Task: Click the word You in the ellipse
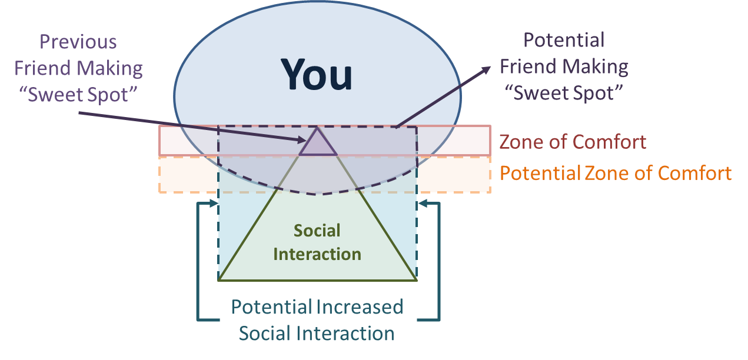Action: [x=317, y=75]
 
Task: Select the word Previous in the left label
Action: [x=78, y=42]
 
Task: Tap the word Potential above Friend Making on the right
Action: [x=564, y=41]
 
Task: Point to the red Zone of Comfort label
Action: [x=573, y=142]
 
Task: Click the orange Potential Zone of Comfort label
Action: [x=615, y=173]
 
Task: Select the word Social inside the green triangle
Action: [x=317, y=230]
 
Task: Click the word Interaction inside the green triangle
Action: [x=317, y=254]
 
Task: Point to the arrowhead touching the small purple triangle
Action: [x=303, y=140]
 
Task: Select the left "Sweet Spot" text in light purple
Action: [x=78, y=94]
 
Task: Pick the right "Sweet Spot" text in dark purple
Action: [x=564, y=92]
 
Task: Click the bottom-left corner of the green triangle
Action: [x=219, y=280]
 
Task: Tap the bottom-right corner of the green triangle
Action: [x=417, y=280]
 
